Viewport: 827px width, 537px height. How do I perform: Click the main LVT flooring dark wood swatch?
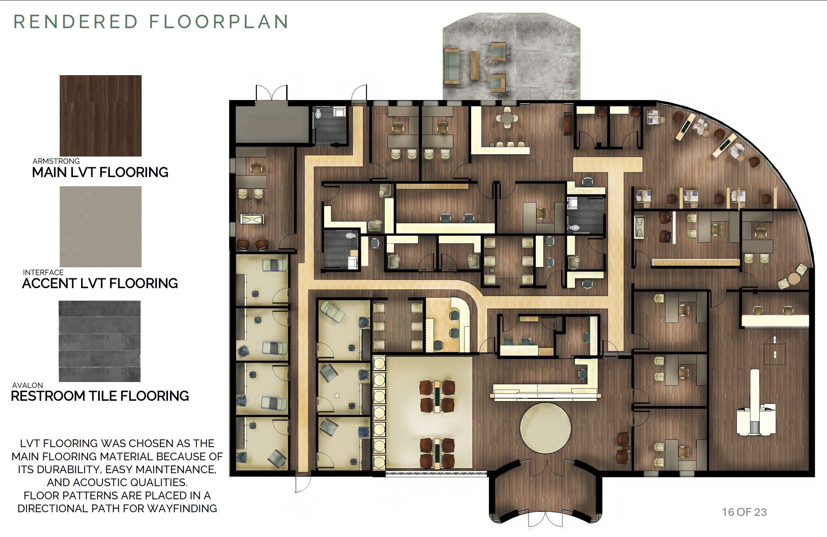tap(101, 116)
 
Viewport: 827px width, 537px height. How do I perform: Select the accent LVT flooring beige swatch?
tap(101, 227)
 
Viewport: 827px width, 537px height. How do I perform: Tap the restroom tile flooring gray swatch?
tap(100, 341)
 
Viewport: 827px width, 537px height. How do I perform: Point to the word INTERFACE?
tap(43, 272)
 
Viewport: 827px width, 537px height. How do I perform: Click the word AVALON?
tap(27, 385)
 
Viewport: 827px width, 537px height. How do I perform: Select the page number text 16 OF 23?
tap(744, 512)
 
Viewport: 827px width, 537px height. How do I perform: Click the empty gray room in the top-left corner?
tap(272, 124)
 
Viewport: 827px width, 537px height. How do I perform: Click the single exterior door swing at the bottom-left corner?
tap(303, 484)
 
